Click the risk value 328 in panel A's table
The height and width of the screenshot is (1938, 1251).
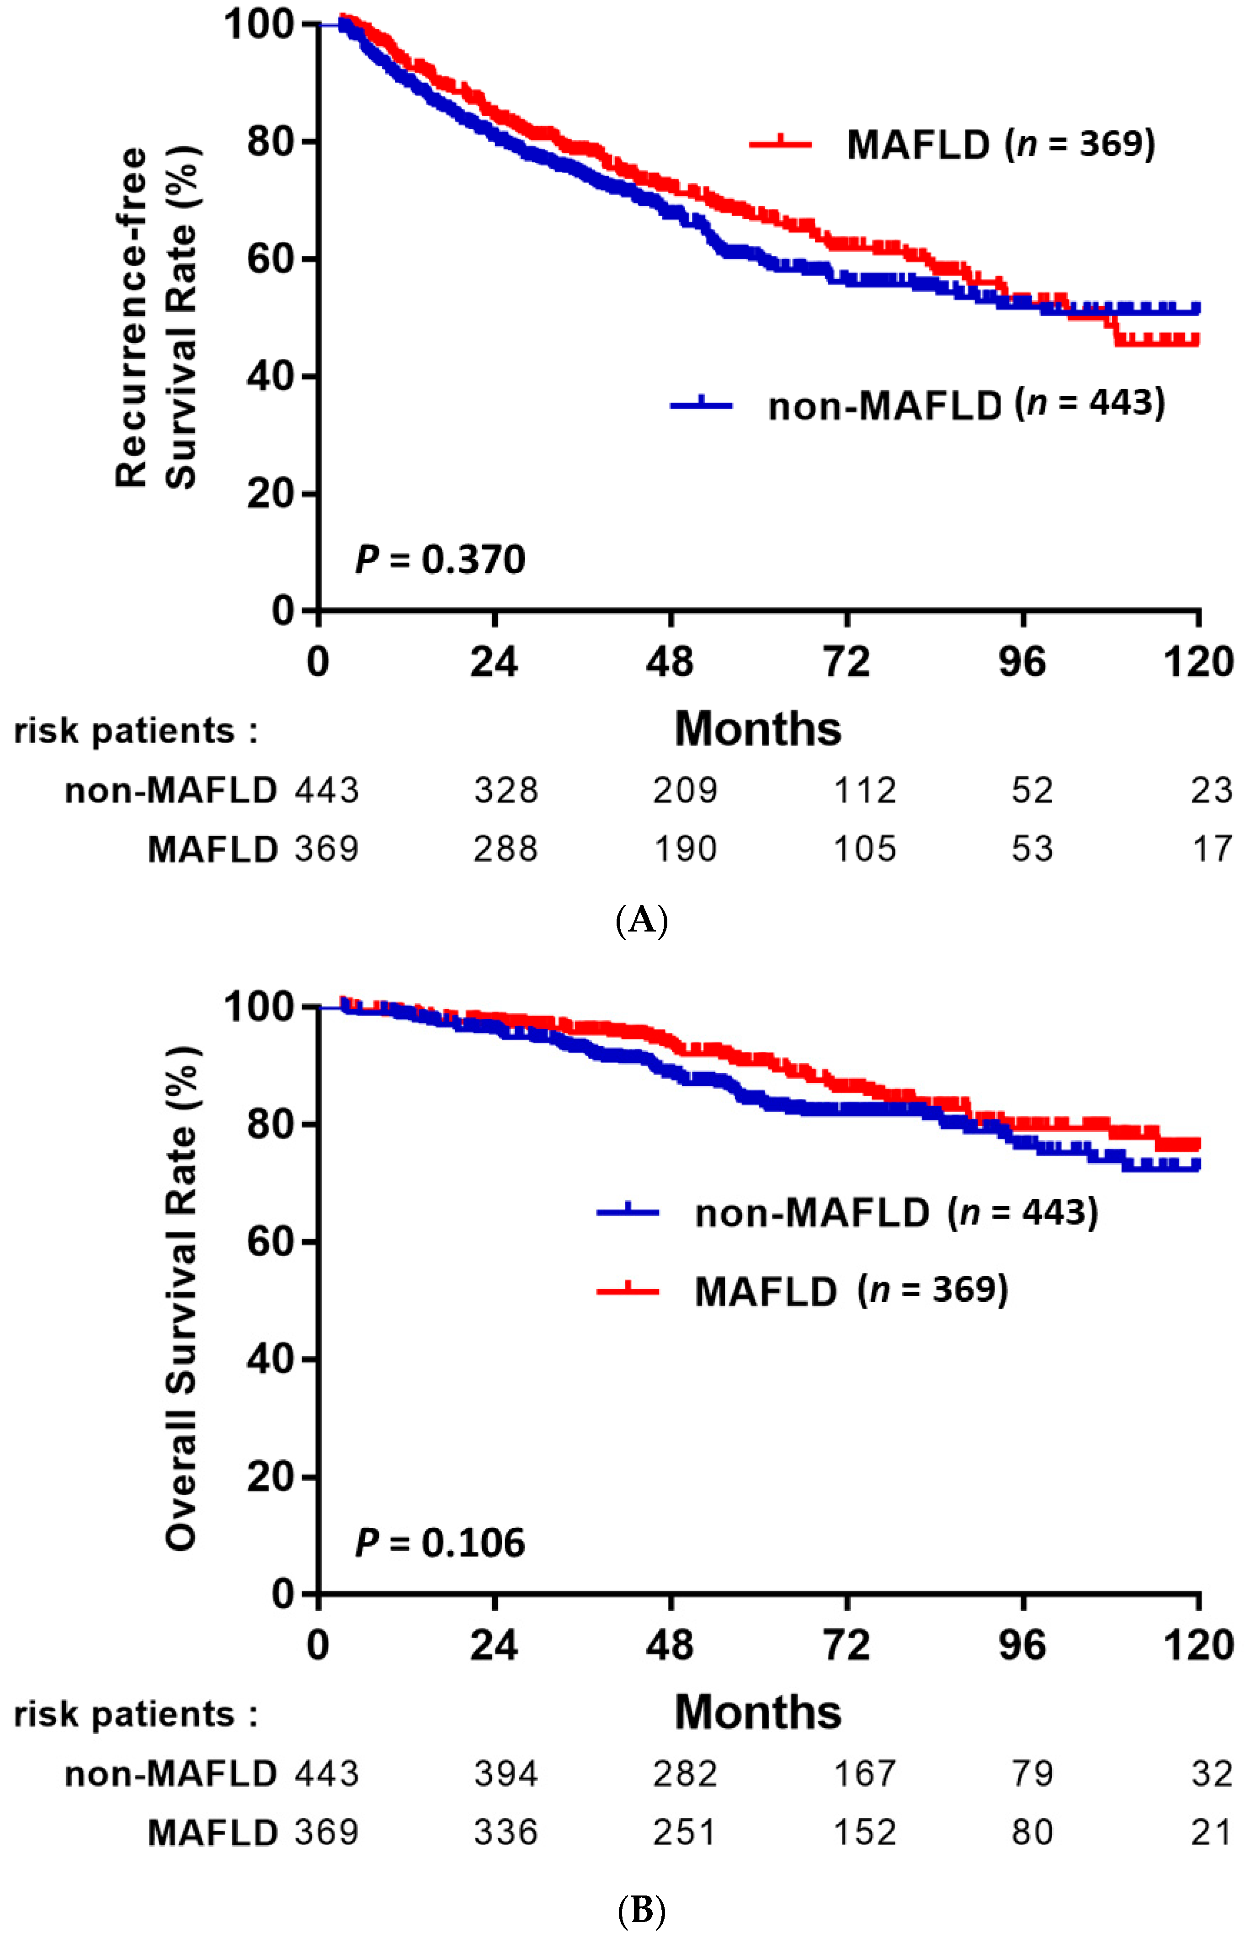[x=506, y=790]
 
